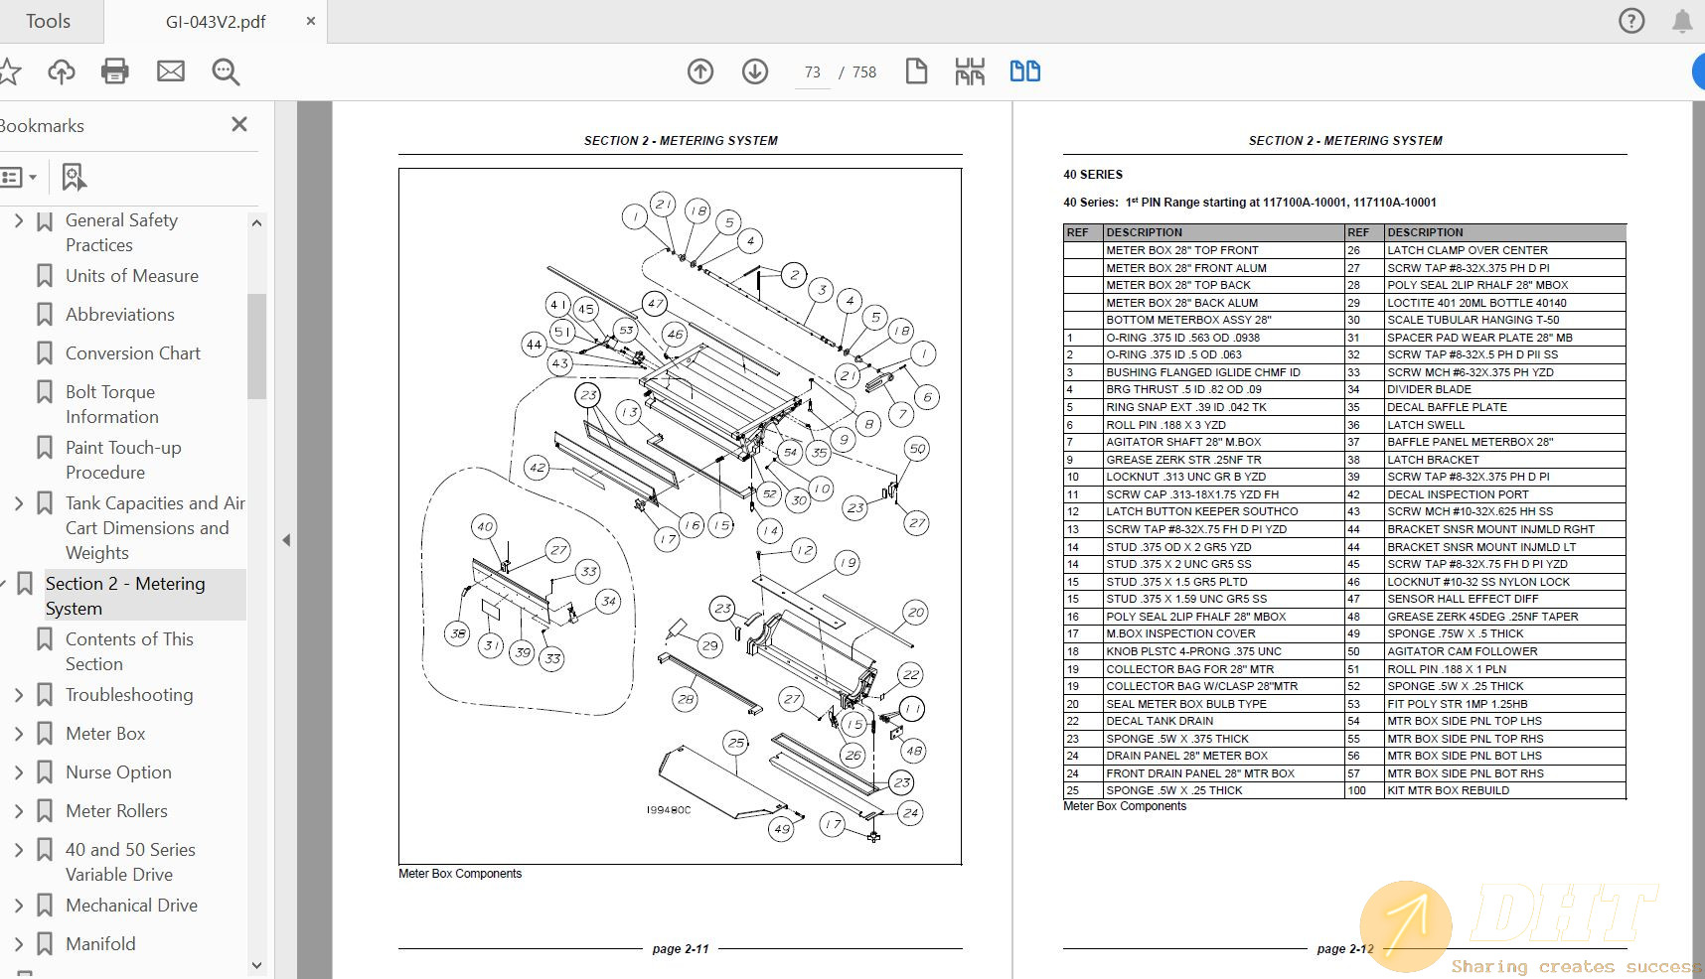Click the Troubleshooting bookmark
129,695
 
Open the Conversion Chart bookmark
132,353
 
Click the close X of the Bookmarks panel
239,124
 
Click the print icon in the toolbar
115,71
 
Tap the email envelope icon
171,71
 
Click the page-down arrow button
755,71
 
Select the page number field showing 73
813,72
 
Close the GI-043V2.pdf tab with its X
310,21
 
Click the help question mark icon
1631,21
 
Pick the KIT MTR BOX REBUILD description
1448,790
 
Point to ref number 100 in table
1356,790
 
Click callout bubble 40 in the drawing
484,526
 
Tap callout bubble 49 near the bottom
782,829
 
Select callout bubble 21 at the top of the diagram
663,205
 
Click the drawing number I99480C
668,810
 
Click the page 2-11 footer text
681,949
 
